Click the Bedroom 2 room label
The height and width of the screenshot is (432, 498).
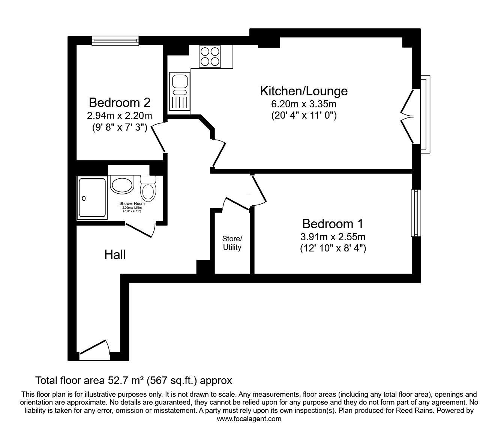pos(120,102)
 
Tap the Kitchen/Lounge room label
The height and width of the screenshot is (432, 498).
pos(304,91)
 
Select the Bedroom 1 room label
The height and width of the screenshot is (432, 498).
pos(333,224)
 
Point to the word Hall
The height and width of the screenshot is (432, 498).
pos(115,255)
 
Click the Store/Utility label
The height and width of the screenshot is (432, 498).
pos(232,243)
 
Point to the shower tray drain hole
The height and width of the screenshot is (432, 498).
pos(84,198)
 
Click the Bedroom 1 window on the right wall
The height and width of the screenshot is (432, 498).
pos(415,213)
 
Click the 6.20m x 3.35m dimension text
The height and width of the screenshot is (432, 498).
pos(304,104)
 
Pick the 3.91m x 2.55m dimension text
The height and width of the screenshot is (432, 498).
pos(333,237)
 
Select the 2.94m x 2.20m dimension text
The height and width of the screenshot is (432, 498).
pos(120,116)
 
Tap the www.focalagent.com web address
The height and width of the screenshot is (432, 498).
pos(249,419)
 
